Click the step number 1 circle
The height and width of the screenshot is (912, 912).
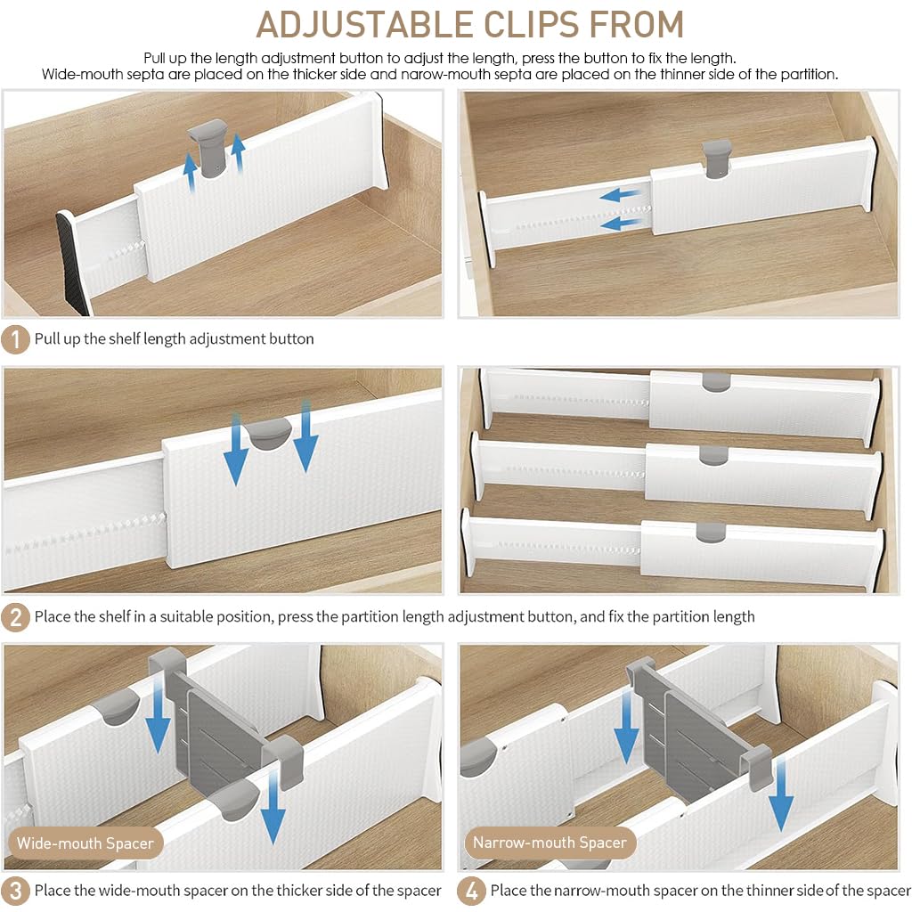pyautogui.click(x=14, y=338)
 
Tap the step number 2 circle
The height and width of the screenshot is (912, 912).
pyautogui.click(x=14, y=616)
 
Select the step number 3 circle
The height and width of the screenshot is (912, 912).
pyautogui.click(x=14, y=890)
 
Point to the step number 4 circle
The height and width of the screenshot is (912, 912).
pyautogui.click(x=471, y=890)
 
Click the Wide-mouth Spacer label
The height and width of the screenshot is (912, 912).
pyautogui.click(x=85, y=843)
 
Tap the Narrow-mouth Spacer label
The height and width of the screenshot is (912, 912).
pyautogui.click(x=550, y=843)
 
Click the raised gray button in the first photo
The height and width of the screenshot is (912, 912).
pyautogui.click(x=208, y=146)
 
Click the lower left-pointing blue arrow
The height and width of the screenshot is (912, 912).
pyautogui.click(x=623, y=224)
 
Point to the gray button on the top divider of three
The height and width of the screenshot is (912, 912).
pyautogui.click(x=715, y=381)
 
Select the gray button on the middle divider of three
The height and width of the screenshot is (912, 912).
pyautogui.click(x=713, y=455)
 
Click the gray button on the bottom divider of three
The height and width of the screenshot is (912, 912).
pyautogui.click(x=710, y=533)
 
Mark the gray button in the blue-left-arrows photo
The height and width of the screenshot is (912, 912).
pyautogui.click(x=716, y=158)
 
